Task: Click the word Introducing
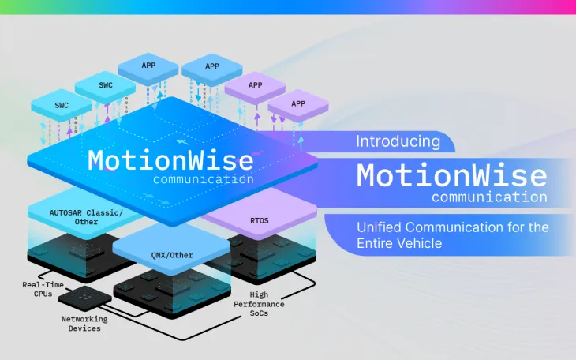398,142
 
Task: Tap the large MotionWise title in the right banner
451,174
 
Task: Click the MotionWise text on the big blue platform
170,160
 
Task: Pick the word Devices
85,328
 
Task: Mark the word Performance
258,303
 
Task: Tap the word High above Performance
258,294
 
